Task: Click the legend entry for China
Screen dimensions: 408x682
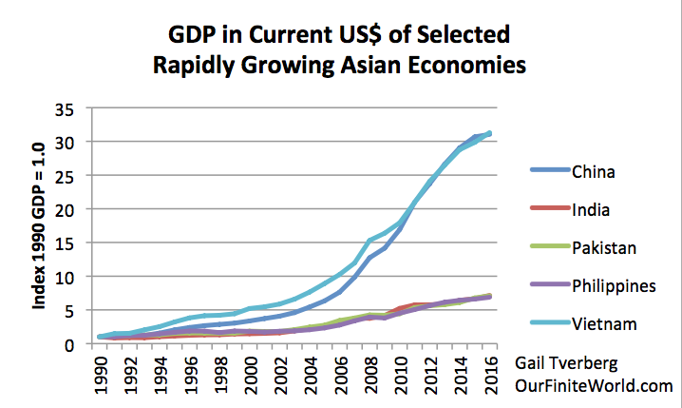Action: (593, 172)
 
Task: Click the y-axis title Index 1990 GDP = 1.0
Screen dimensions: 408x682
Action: (40, 226)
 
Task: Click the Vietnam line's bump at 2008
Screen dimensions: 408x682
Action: (369, 242)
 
